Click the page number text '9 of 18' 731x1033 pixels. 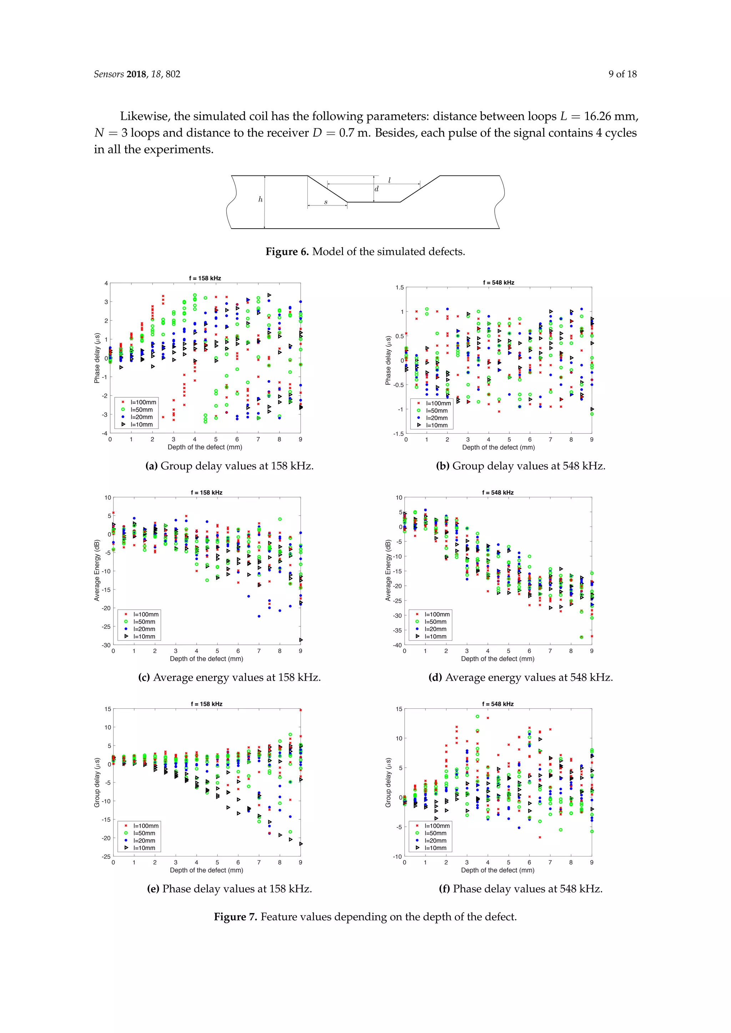click(622, 74)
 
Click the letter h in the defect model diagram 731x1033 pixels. click(260, 199)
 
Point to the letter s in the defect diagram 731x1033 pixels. click(326, 202)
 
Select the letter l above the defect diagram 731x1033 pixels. click(389, 180)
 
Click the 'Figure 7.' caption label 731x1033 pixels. click(236, 916)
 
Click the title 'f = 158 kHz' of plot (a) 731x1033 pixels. click(205, 278)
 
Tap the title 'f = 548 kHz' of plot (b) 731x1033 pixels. click(499, 283)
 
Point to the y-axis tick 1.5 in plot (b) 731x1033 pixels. click(400, 287)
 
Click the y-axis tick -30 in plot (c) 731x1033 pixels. click(106, 645)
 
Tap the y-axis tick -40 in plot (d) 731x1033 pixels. click(397, 645)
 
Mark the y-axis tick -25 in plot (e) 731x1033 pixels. click(106, 856)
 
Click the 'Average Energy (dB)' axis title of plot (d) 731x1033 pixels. click(388, 570)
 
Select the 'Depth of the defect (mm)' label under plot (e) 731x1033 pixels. click(207, 870)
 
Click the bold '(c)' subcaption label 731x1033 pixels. click(144, 678)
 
